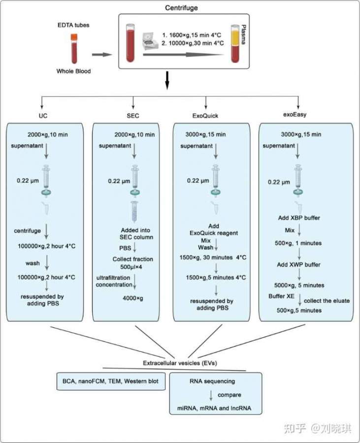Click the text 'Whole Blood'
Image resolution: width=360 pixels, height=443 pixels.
pyautogui.click(x=73, y=71)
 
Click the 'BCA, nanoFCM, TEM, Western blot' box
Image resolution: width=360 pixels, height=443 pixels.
pyautogui.click(x=110, y=381)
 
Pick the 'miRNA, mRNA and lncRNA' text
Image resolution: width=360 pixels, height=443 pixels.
pyautogui.click(x=213, y=409)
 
